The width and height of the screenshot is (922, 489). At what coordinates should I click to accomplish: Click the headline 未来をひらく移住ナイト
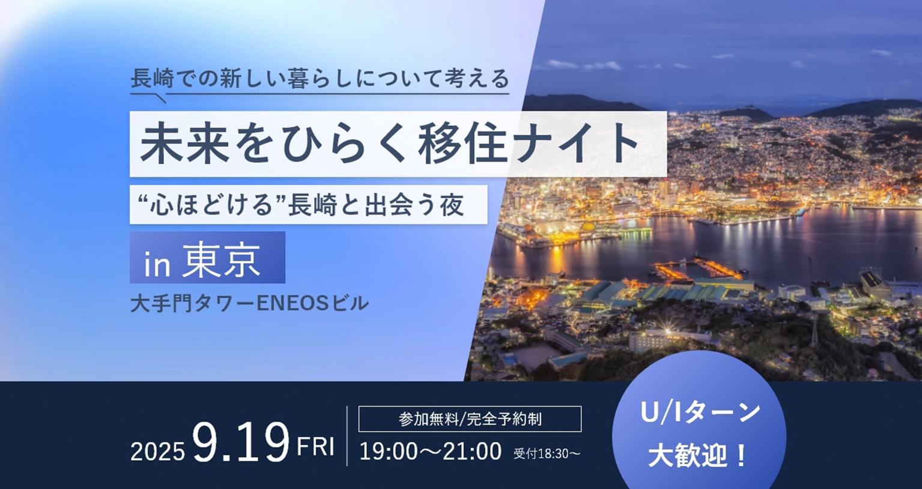[x=389, y=144]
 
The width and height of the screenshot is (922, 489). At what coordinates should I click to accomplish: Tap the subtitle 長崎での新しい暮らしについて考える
[x=320, y=79]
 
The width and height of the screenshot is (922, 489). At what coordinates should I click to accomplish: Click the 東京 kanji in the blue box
[x=222, y=260]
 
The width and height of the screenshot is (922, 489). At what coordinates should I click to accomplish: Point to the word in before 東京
[x=157, y=265]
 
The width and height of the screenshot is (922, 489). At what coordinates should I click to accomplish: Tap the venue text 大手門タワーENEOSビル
[x=249, y=304]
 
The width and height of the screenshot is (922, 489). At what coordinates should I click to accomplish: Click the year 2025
[x=157, y=452]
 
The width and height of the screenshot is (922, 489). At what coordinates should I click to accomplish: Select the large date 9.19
[x=241, y=443]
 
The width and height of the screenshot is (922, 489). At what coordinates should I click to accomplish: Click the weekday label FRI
[x=315, y=446]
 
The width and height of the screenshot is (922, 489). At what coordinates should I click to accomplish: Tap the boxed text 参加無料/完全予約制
[x=470, y=419]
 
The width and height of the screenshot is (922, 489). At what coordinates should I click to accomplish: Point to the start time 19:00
[x=389, y=451]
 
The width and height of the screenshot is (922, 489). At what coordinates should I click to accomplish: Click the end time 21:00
[x=473, y=451]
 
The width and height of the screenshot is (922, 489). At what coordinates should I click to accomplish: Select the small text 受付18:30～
[x=547, y=454]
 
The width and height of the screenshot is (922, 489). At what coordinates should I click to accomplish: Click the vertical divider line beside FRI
[x=347, y=436]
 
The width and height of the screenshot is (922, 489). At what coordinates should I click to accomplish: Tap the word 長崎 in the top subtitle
[x=153, y=79]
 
